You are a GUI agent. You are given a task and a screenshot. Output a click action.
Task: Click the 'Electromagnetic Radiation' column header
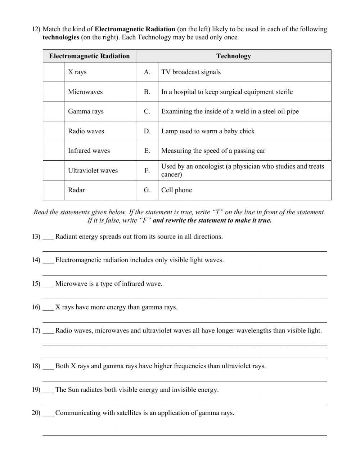tap(89, 56)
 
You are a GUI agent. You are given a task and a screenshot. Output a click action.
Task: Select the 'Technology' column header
tap(233, 56)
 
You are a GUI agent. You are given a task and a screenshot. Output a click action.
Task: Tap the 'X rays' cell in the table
tap(77, 72)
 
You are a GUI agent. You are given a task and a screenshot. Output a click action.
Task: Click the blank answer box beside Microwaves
tap(54, 92)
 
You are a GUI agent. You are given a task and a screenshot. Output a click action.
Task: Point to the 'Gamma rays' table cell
tap(86, 111)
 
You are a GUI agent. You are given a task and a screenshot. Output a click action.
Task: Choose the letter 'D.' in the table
tap(147, 131)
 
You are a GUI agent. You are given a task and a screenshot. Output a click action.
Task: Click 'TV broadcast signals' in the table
tap(191, 72)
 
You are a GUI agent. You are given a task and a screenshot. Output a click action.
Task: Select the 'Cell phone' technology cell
tap(176, 190)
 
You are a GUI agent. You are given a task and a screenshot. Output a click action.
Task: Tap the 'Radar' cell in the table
tap(76, 190)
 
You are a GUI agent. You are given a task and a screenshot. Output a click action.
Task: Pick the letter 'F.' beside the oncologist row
tap(147, 170)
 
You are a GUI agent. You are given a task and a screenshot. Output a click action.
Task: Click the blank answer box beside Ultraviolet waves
tap(54, 170)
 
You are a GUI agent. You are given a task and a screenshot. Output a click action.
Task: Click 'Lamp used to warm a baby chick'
tap(208, 131)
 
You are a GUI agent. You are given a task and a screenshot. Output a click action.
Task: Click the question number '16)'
tap(36, 307)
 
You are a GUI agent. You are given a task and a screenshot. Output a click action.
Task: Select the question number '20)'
tap(36, 413)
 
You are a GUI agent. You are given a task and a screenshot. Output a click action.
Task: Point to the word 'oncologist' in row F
tap(208, 166)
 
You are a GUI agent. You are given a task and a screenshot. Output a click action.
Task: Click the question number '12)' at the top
tap(36, 29)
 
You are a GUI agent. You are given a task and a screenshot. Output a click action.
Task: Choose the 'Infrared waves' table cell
tap(89, 151)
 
